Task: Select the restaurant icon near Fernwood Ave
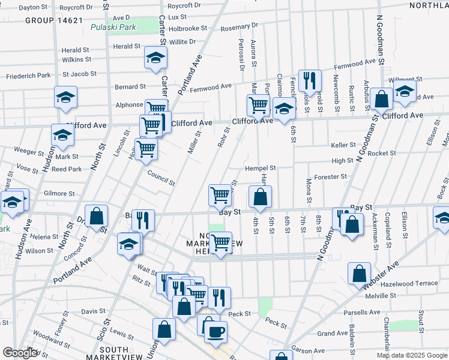point(310,80)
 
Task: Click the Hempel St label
point(260,169)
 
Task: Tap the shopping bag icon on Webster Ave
point(358,273)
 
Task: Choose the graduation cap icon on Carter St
point(155,58)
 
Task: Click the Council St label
point(161,178)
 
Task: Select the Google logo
point(20,353)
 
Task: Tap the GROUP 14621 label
point(54,20)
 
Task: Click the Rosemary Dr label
point(239,27)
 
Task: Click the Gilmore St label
point(59,194)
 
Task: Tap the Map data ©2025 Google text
point(411,355)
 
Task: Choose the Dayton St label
point(33,7)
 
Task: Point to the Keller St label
point(343,145)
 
